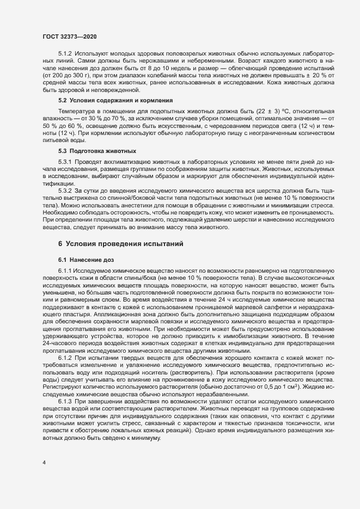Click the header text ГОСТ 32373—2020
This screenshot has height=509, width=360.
70,36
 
